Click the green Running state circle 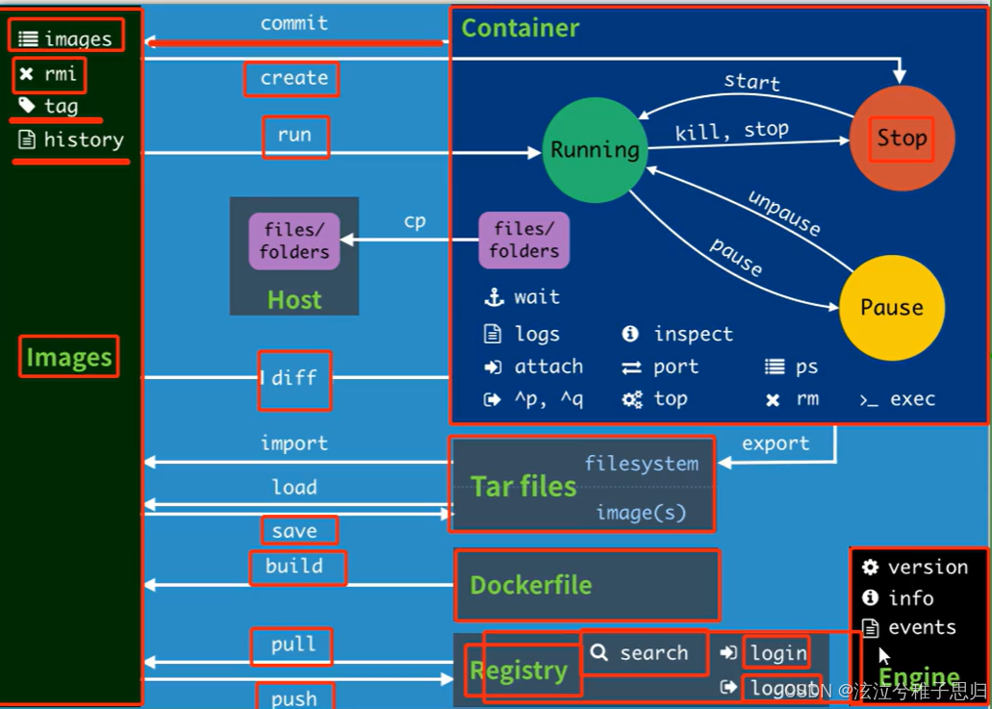point(595,150)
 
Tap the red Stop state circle point(902,139)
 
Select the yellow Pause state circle point(891,308)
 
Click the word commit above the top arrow point(293,23)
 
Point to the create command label point(293,78)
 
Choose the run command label point(294,136)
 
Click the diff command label point(293,378)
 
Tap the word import point(293,443)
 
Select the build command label point(294,566)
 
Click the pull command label point(293,645)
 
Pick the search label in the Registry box point(653,653)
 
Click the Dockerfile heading point(530,585)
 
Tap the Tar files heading point(523,487)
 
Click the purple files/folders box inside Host point(293,241)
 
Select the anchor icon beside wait point(494,297)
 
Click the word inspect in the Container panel point(693,334)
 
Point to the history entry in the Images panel point(84,140)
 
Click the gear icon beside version point(871,568)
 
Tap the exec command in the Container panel point(912,399)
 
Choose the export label point(776,443)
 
